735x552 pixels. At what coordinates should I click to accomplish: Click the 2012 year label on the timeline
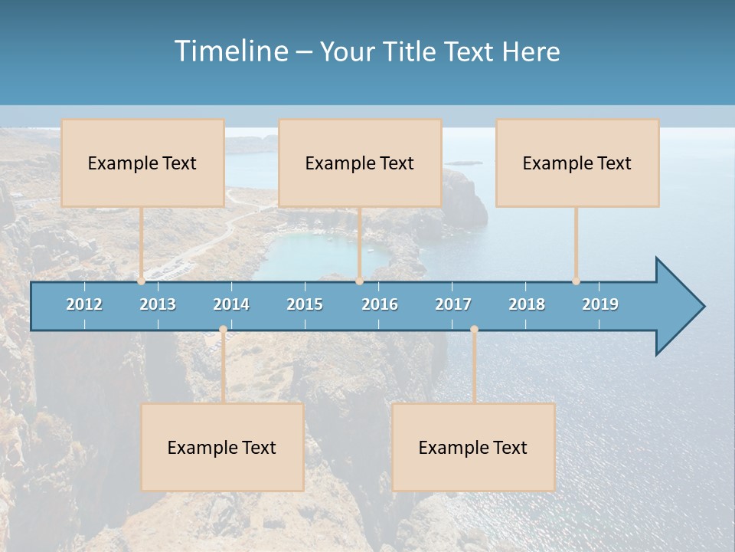pos(84,304)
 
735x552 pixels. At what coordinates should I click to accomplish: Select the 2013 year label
pos(158,304)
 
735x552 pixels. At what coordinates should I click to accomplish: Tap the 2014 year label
pos(231,304)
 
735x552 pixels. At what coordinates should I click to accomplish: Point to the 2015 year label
pos(305,304)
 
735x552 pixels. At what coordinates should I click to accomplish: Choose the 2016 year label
pos(380,304)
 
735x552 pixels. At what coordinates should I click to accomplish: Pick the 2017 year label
pos(453,304)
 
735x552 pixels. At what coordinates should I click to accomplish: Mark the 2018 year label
pos(527,304)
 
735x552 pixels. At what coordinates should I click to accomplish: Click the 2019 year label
pos(600,304)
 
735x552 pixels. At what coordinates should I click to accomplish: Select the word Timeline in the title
pos(230,51)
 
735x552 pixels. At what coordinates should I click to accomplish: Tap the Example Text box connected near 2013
pos(142,163)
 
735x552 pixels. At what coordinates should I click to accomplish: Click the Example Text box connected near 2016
pos(360,163)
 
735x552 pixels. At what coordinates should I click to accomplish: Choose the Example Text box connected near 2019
pos(577,163)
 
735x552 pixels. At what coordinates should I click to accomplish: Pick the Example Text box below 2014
pos(222,448)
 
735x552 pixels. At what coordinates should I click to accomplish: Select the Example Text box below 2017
pos(473,448)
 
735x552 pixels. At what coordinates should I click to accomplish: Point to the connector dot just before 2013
pos(142,281)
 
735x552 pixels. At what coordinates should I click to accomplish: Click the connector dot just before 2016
pos(360,281)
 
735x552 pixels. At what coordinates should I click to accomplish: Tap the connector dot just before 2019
pos(577,281)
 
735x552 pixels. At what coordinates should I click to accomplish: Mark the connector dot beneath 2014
pos(223,330)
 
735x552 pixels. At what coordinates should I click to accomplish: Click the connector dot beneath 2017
pos(474,330)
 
